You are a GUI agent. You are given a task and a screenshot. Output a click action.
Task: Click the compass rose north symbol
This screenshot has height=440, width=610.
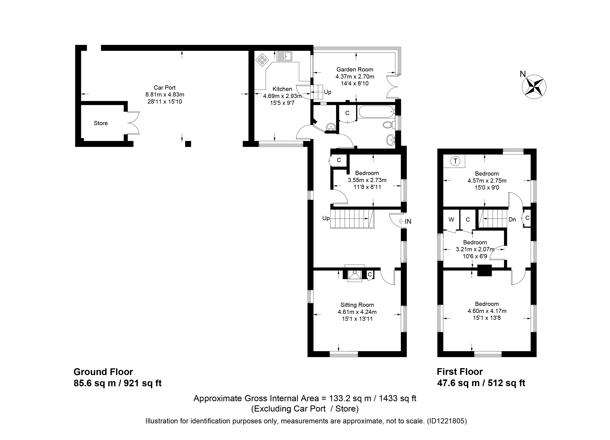534,87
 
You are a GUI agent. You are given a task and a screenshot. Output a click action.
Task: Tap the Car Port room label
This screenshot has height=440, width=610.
165,88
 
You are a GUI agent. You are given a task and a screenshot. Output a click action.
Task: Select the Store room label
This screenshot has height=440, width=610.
101,123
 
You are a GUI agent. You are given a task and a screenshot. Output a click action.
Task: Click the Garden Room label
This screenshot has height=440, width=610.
355,70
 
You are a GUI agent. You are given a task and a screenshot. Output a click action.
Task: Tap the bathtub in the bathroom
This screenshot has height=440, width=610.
376,112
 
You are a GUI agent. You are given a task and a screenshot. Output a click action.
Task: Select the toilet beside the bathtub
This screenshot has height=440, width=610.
388,125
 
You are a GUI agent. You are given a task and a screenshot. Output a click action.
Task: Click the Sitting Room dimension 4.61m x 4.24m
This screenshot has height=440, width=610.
357,312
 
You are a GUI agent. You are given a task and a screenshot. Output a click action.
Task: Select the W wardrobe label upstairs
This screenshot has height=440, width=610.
451,220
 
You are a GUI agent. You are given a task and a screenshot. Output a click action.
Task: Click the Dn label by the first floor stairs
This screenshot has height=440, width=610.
512,220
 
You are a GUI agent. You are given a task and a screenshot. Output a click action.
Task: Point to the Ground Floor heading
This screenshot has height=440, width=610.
103,372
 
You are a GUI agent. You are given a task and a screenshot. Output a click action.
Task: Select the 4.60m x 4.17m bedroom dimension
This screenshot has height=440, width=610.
487,311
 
